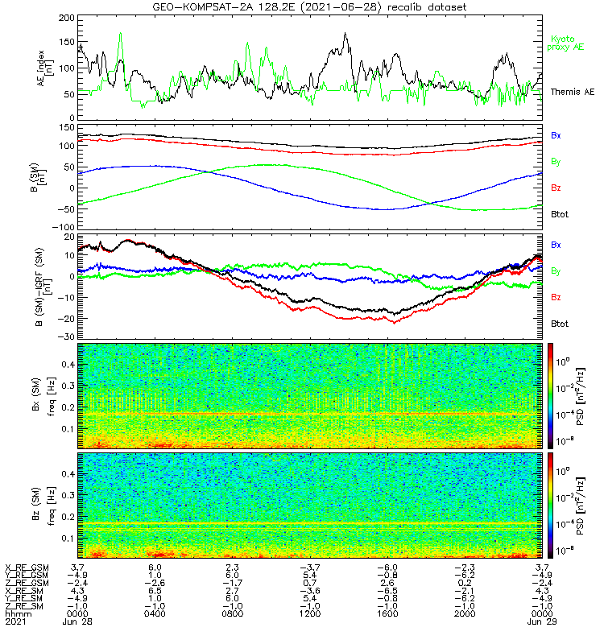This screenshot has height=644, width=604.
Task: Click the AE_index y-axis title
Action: (48, 68)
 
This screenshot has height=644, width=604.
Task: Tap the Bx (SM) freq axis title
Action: (48, 395)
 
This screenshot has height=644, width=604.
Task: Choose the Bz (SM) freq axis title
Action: (48, 505)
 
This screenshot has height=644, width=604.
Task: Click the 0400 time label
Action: (155, 614)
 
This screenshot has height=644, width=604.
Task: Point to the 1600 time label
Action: (387, 614)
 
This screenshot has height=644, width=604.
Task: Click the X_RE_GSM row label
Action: (26, 567)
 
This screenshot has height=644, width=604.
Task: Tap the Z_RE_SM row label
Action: (26, 606)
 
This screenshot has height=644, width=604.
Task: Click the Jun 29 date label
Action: (541, 622)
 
